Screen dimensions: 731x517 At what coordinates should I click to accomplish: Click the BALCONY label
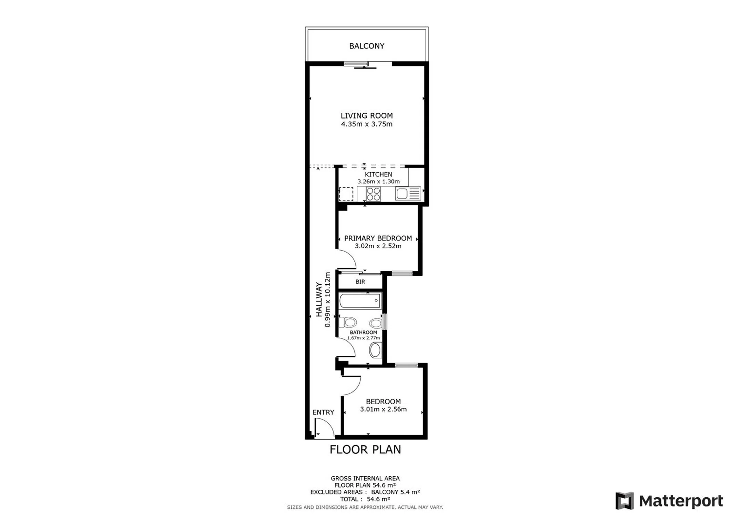[x=367, y=46]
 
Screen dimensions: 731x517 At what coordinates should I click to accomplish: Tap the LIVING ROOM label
[x=367, y=116]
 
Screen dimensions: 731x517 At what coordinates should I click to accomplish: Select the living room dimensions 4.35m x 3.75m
[x=367, y=124]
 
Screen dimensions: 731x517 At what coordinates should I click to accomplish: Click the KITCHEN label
[x=378, y=174]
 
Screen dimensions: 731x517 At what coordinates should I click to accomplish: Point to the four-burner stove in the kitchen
[x=373, y=194]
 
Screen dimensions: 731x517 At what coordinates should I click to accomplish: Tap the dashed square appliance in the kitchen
[x=346, y=194]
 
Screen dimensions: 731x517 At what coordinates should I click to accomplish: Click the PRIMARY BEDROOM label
[x=378, y=238]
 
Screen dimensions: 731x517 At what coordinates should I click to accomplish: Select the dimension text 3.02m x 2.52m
[x=378, y=246]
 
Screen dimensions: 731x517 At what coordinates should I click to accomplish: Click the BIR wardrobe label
[x=360, y=282]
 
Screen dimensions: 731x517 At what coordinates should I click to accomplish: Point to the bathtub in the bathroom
[x=360, y=301]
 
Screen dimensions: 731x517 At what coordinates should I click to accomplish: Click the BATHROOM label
[x=363, y=332]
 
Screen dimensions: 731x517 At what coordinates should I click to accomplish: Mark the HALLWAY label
[x=319, y=300]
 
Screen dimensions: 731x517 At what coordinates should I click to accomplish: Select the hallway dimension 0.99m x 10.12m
[x=328, y=300]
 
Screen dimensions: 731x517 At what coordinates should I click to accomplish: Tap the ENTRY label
[x=323, y=412]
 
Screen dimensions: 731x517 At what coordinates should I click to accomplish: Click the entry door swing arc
[x=329, y=424]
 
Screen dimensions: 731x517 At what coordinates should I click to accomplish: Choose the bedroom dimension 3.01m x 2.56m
[x=383, y=409]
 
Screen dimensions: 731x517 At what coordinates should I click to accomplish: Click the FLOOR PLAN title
[x=365, y=449]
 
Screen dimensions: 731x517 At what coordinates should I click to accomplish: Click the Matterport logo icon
[x=625, y=501]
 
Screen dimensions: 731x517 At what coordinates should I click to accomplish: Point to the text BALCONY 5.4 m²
[x=395, y=492]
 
